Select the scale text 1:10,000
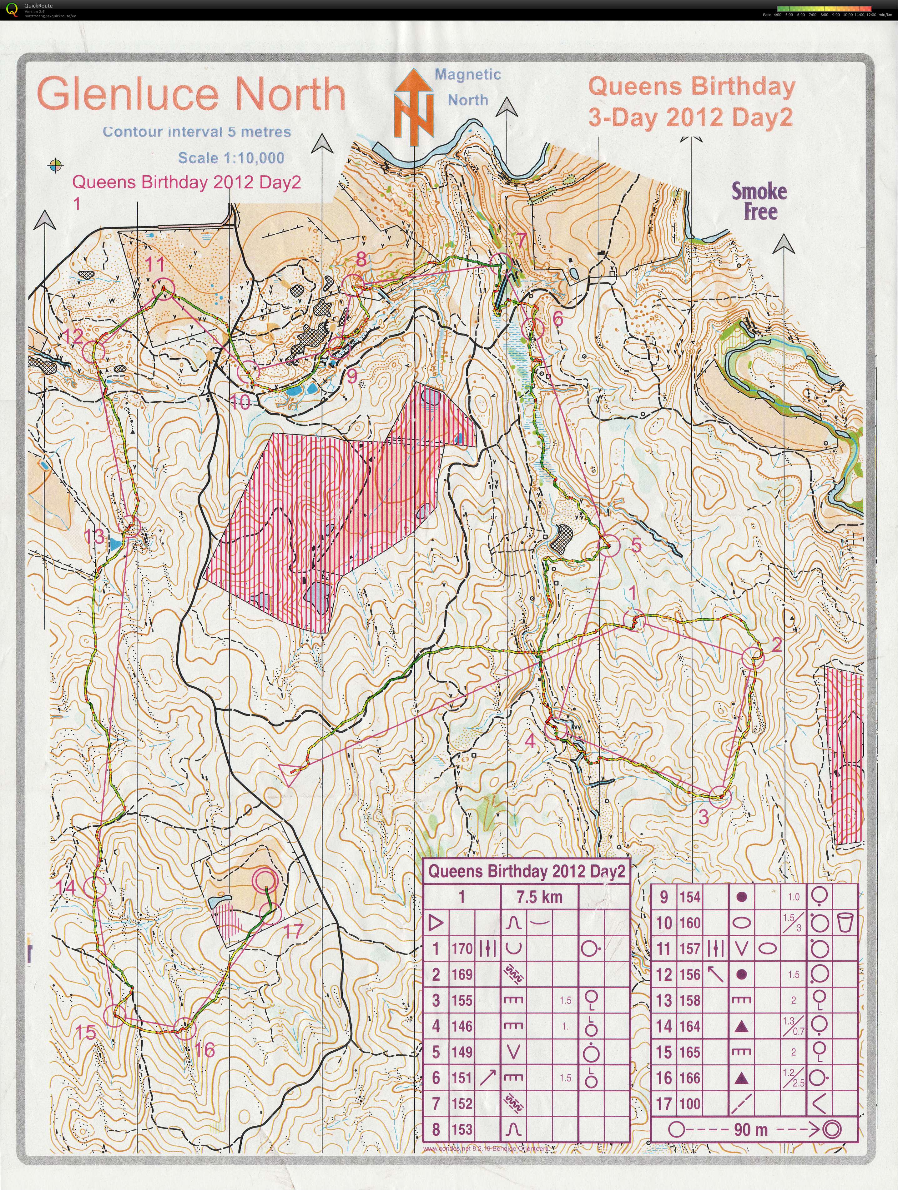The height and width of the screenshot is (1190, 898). pos(231,158)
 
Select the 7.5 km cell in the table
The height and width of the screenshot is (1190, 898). pos(539,897)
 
